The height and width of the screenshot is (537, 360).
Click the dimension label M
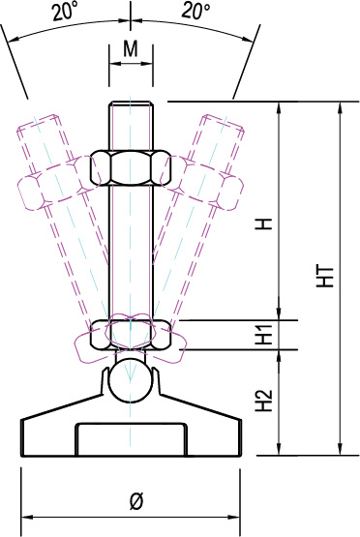pyautogui.click(x=131, y=49)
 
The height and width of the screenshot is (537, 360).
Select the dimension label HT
pyautogui.click(x=326, y=277)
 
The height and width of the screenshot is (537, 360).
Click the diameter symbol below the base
pyautogui.click(x=136, y=502)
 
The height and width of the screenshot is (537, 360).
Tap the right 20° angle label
pyautogui.click(x=195, y=11)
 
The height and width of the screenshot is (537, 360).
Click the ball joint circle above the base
pyautogui.click(x=131, y=380)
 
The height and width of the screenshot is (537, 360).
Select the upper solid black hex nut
pyautogui.click(x=131, y=167)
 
